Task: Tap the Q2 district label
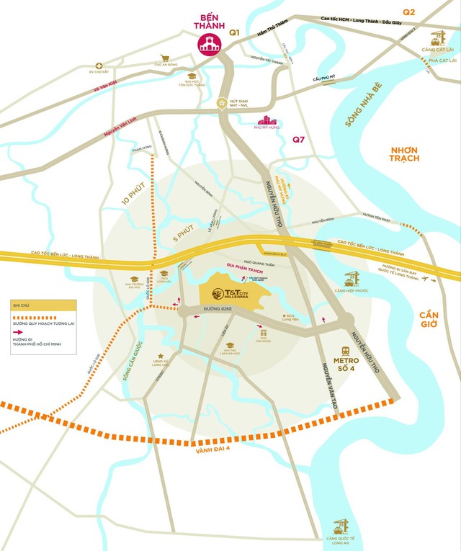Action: coord(409,12)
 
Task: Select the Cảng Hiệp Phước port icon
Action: coord(352,277)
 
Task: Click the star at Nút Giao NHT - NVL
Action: coord(223,102)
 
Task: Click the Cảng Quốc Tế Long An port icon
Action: coord(339,527)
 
